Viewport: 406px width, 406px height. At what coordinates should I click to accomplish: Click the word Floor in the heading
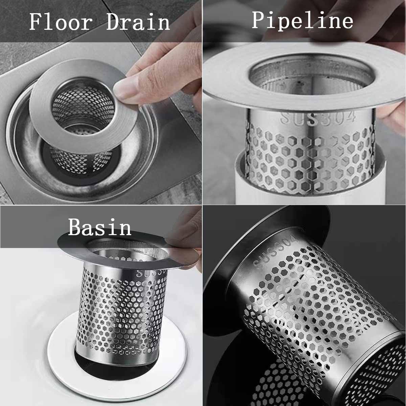pos(61,22)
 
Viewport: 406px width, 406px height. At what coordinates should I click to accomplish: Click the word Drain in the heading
pos(138,22)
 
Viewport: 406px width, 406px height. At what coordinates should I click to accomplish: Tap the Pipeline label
pos(302,20)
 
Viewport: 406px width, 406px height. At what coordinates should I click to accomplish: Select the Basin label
pos(99,228)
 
